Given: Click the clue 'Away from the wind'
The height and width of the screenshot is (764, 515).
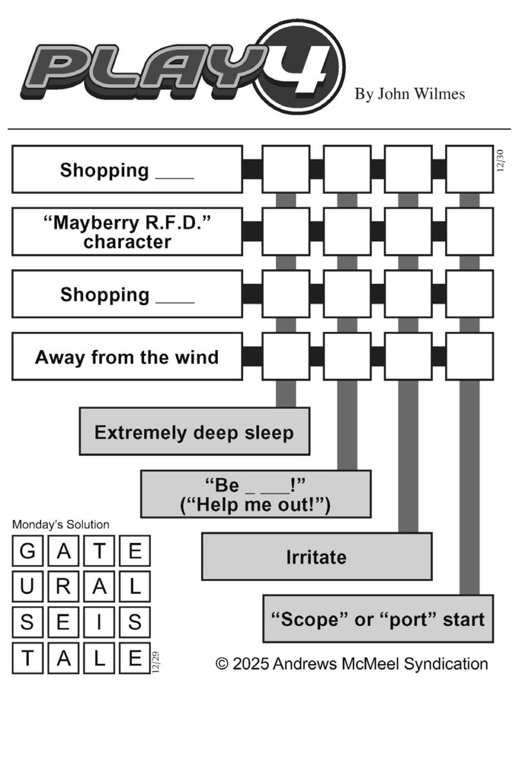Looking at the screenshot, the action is [127, 357].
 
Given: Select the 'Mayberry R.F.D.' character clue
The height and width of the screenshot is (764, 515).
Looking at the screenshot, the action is [127, 232].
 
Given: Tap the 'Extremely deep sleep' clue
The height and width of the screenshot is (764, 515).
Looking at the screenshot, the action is [194, 431].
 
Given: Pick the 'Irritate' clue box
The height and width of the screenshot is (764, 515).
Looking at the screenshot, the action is [317, 557].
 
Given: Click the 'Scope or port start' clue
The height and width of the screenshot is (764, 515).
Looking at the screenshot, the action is [378, 619].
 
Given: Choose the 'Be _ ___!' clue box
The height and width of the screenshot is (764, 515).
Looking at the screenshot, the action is [256, 494].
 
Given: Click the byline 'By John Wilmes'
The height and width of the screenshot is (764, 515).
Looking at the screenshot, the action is [410, 94].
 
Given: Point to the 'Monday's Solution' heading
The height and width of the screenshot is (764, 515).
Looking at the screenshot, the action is [60, 525].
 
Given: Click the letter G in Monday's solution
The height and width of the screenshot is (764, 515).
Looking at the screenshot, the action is [28, 551].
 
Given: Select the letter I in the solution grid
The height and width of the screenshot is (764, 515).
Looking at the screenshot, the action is [99, 622].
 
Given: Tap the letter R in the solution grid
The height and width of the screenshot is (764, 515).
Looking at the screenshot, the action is [64, 587].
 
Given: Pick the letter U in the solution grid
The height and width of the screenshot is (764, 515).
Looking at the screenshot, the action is [28, 587].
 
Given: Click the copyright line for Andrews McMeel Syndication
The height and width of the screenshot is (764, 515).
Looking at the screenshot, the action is [352, 664].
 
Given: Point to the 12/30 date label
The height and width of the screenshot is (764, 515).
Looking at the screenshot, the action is [500, 161].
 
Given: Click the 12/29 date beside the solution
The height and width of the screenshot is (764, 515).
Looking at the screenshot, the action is [156, 662].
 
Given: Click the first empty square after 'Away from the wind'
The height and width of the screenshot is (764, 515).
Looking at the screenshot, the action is [286, 357].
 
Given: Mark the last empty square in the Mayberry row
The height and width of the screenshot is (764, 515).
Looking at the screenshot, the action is [469, 232].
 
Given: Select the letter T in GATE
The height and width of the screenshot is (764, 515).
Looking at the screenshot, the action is [99, 551].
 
